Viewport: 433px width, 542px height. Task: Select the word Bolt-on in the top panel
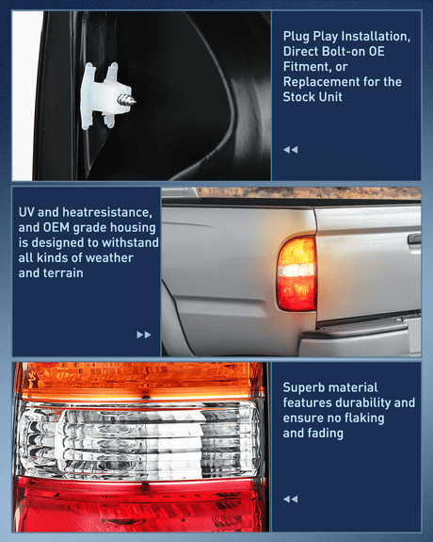pos(341,51)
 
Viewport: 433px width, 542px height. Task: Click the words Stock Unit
pos(319,97)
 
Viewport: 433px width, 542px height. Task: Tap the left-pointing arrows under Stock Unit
pos(290,150)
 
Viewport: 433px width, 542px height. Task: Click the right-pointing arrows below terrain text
pos(143,334)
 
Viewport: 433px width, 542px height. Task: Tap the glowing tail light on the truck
pos(296,273)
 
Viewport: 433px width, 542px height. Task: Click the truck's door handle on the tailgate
pos(414,239)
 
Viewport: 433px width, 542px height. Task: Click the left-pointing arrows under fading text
pos(290,499)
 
